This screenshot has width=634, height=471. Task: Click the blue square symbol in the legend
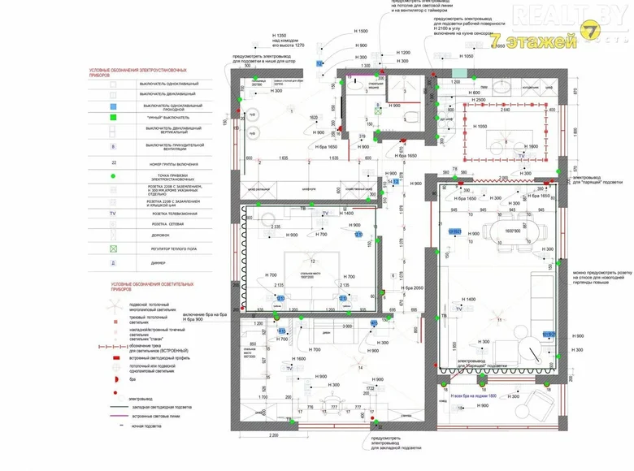114,106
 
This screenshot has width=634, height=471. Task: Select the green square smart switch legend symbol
114,117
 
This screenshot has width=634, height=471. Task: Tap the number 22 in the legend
114,163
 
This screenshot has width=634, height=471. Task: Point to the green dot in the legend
114,175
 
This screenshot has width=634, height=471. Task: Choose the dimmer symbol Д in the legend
114,264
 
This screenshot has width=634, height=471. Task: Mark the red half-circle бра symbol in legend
114,379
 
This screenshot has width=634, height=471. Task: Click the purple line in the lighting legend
114,416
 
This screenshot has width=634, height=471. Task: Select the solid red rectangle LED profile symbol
114,357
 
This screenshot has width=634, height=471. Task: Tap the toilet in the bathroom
414,120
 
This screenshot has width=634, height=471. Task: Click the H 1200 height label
404,53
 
